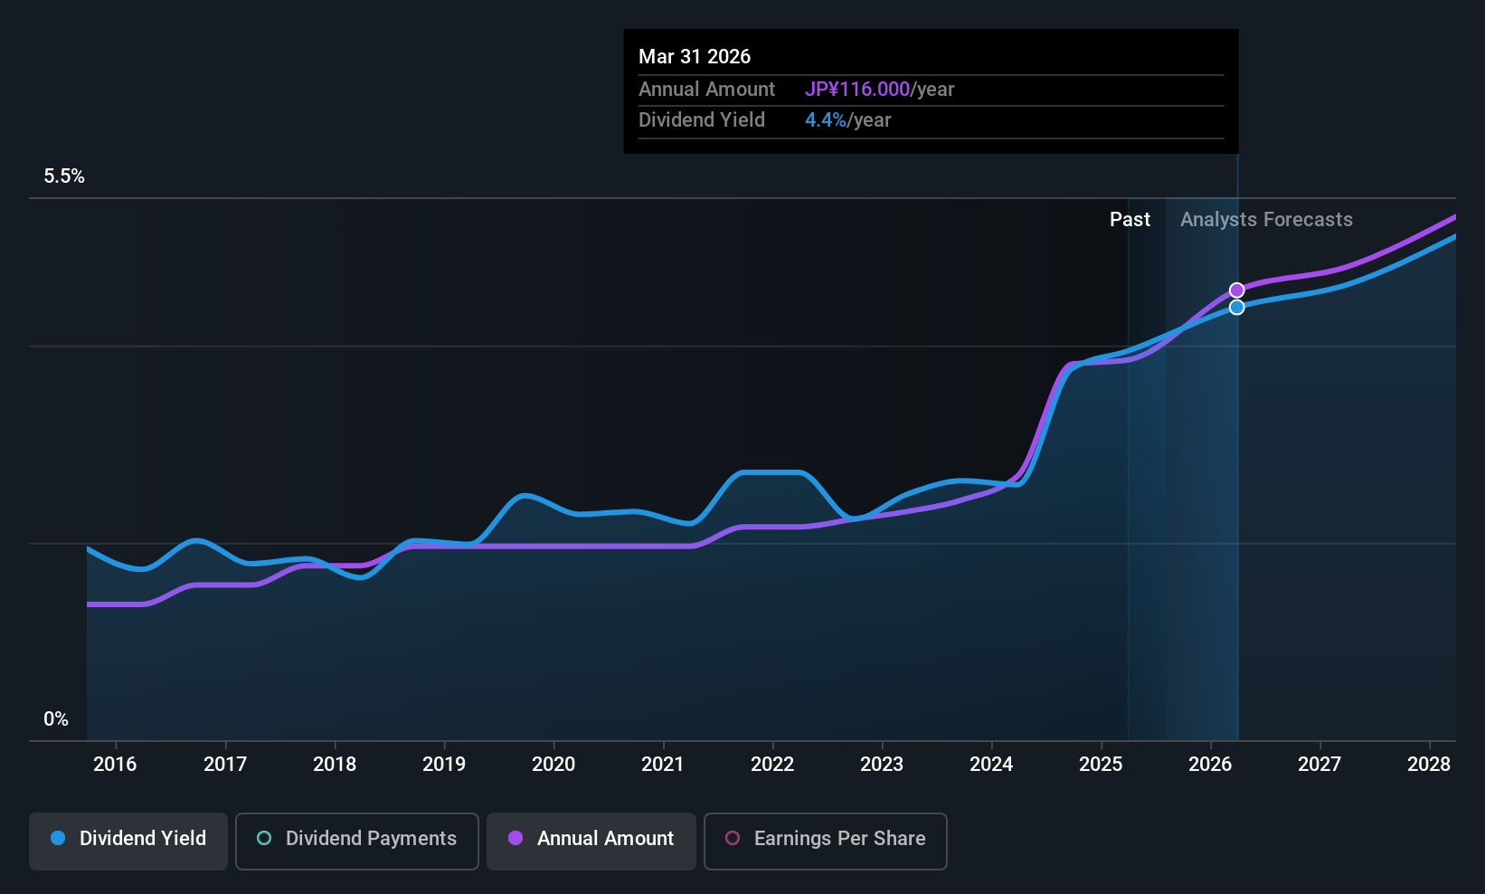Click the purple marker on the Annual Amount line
pyautogui.click(x=1236, y=290)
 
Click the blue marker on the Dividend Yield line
pyautogui.click(x=1236, y=308)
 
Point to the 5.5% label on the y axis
pyautogui.click(x=64, y=176)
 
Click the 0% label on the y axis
pyautogui.click(x=56, y=719)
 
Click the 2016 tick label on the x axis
pyautogui.click(x=115, y=765)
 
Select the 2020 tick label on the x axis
pyautogui.click(x=553, y=765)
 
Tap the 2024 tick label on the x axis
pyautogui.click(x=991, y=765)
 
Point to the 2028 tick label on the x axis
pyautogui.click(x=1429, y=765)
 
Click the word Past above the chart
pyautogui.click(x=1130, y=220)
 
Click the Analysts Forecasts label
pyautogui.click(x=1266, y=220)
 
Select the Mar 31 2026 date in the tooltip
pyautogui.click(x=695, y=57)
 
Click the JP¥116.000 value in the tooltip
pyautogui.click(x=857, y=90)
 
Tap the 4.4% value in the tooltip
pyautogui.click(x=826, y=120)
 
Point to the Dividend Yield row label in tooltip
pyautogui.click(x=702, y=120)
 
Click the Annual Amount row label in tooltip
pyautogui.click(x=706, y=90)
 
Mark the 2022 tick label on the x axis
pyautogui.click(x=772, y=765)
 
